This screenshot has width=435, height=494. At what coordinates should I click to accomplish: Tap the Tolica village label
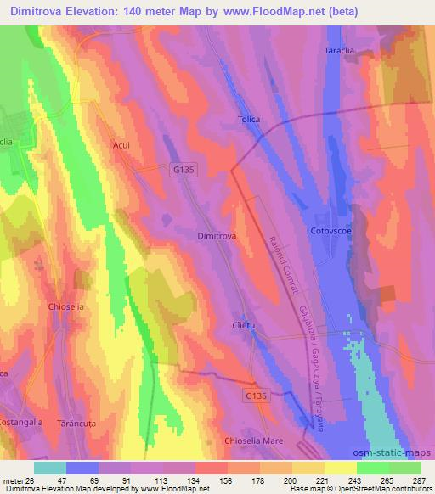[x=249, y=120]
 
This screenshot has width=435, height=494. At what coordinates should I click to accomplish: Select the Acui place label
[x=121, y=145]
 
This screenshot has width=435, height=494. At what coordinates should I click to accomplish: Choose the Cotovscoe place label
[x=330, y=229]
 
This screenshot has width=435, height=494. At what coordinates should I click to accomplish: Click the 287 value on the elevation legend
[x=419, y=480]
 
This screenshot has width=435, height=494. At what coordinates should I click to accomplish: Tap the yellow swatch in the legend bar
[x=340, y=468]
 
